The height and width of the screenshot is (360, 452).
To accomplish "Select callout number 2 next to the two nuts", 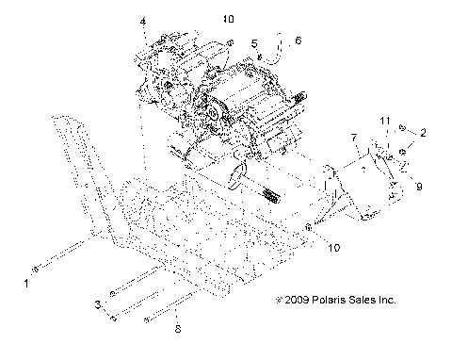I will click(424, 133).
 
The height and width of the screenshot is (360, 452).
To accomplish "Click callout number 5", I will click(254, 43).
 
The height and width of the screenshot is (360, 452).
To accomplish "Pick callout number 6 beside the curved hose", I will click(298, 41).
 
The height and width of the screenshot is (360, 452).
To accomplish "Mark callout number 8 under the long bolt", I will click(176, 330).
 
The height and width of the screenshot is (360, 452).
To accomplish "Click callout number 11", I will click(383, 122).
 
